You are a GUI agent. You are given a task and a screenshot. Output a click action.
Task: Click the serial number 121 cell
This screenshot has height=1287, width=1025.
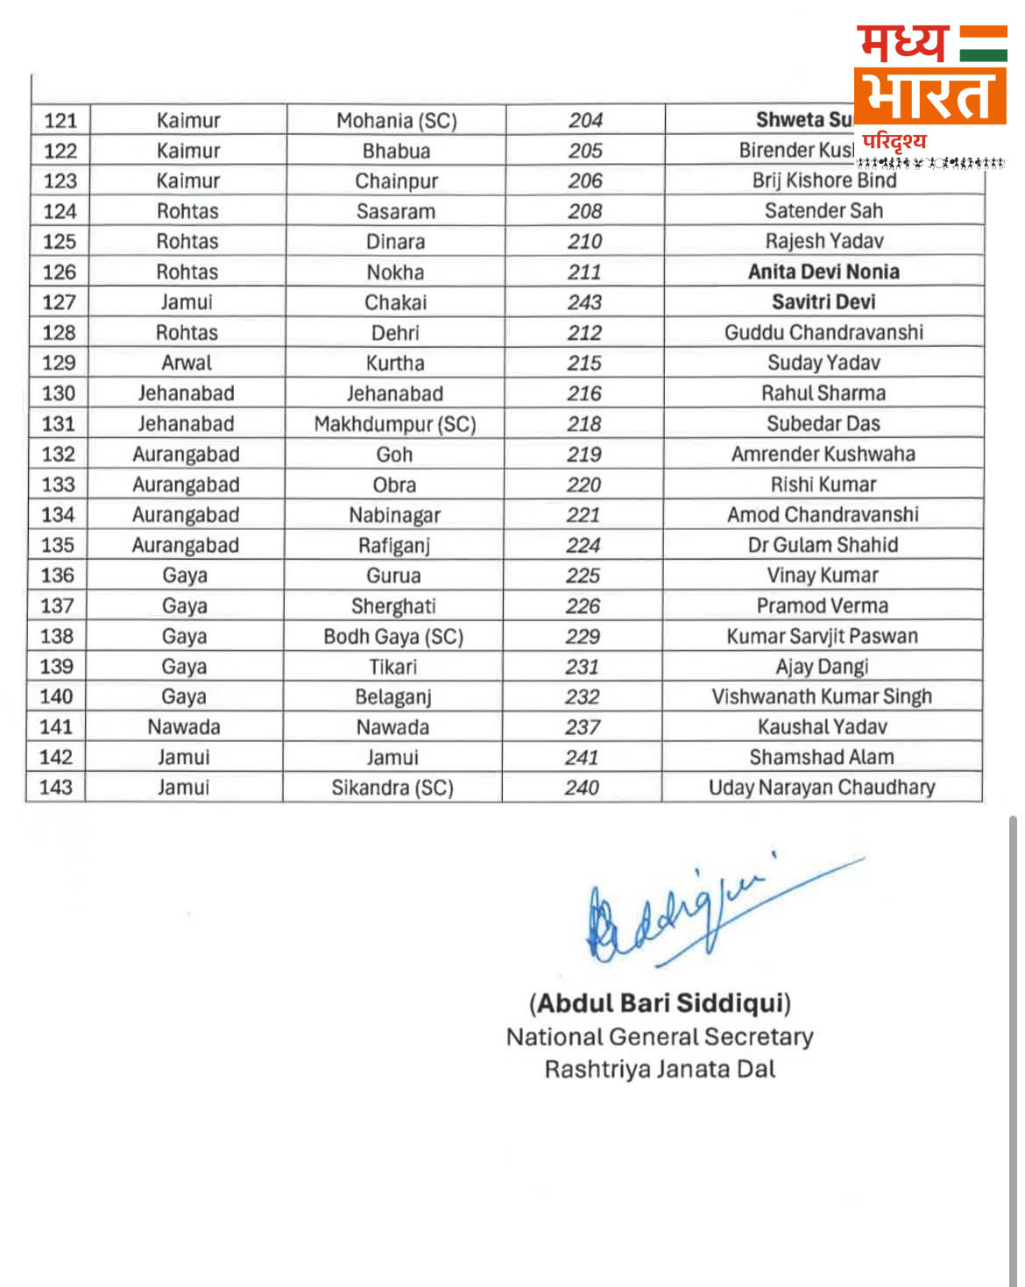pos(60,121)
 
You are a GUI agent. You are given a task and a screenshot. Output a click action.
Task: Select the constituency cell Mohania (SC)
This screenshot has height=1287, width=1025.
pos(396,121)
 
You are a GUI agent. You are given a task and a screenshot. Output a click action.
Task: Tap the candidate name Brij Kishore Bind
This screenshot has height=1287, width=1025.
pos(824,180)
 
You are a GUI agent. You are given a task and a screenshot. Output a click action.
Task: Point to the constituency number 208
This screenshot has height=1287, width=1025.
pos(584,211)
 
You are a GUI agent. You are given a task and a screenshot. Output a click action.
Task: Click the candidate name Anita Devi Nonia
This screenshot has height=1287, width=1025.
pos(824,272)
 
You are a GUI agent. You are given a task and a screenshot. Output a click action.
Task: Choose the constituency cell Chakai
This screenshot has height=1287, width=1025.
pos(395,302)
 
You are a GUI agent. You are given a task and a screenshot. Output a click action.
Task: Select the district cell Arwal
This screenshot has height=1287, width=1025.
pos(187,363)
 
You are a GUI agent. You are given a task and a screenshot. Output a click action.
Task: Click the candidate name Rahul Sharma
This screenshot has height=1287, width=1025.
pos(823,393)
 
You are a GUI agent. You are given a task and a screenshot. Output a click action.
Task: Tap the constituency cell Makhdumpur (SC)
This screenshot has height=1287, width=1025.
pos(394,424)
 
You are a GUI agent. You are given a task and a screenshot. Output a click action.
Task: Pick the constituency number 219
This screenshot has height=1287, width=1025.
pos(583,454)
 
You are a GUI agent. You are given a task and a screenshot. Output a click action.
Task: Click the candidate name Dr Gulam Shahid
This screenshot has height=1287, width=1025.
pos(823,545)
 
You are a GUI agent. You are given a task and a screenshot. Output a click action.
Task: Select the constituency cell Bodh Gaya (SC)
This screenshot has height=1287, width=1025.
pos(393,636)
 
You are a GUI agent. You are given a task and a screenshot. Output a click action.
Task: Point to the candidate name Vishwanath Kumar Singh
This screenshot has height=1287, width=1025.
pos(821,697)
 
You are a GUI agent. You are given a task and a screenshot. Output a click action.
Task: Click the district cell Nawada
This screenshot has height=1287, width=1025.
pos(184,727)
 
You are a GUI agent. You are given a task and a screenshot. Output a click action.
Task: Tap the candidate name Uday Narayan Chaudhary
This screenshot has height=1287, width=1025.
pos(821,788)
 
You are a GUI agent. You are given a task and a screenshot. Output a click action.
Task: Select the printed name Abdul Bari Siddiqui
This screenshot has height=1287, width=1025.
pos(660,1003)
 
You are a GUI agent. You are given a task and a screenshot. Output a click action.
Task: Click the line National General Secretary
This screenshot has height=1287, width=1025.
pos(660,1037)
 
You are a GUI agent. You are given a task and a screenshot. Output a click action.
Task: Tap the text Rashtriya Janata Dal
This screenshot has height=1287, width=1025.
pos(660,1070)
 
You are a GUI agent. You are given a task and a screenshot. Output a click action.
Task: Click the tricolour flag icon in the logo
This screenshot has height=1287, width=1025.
pos(982,44)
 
